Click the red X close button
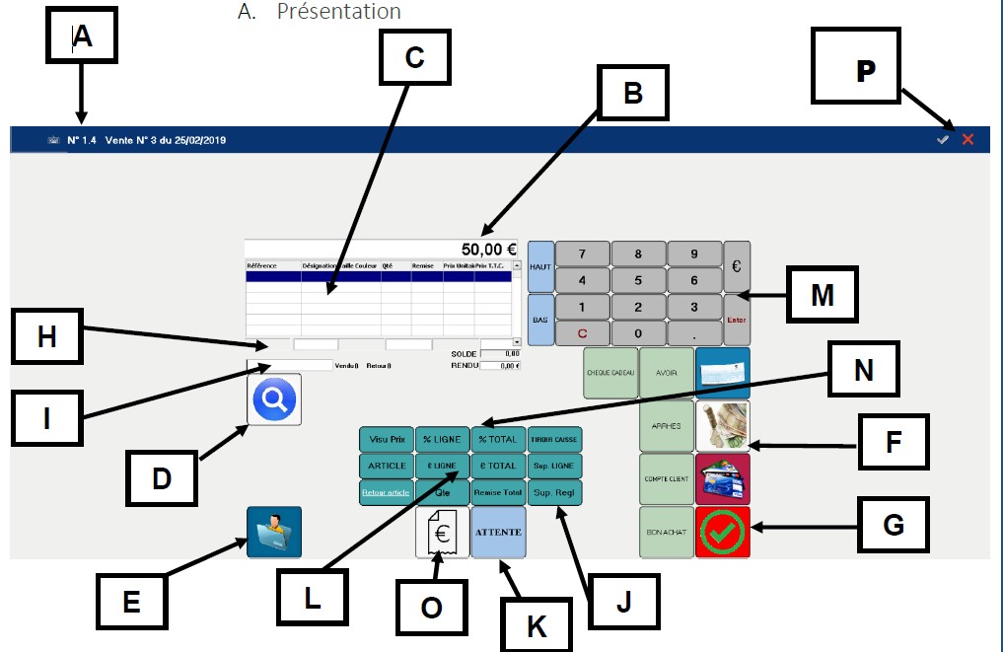tap(967, 140)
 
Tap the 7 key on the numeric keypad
tap(582, 254)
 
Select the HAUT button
tap(540, 266)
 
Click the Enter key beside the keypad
tap(737, 319)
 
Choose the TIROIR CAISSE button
tap(554, 438)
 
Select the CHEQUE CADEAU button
tap(609, 373)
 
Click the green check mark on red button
tap(722, 533)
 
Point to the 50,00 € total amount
tap(489, 250)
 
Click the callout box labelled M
tap(823, 296)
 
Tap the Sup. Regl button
tap(554, 491)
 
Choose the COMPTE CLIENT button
tap(666, 479)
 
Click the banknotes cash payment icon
tap(722, 426)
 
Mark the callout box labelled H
tap(47, 338)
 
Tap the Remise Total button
tap(498, 491)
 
